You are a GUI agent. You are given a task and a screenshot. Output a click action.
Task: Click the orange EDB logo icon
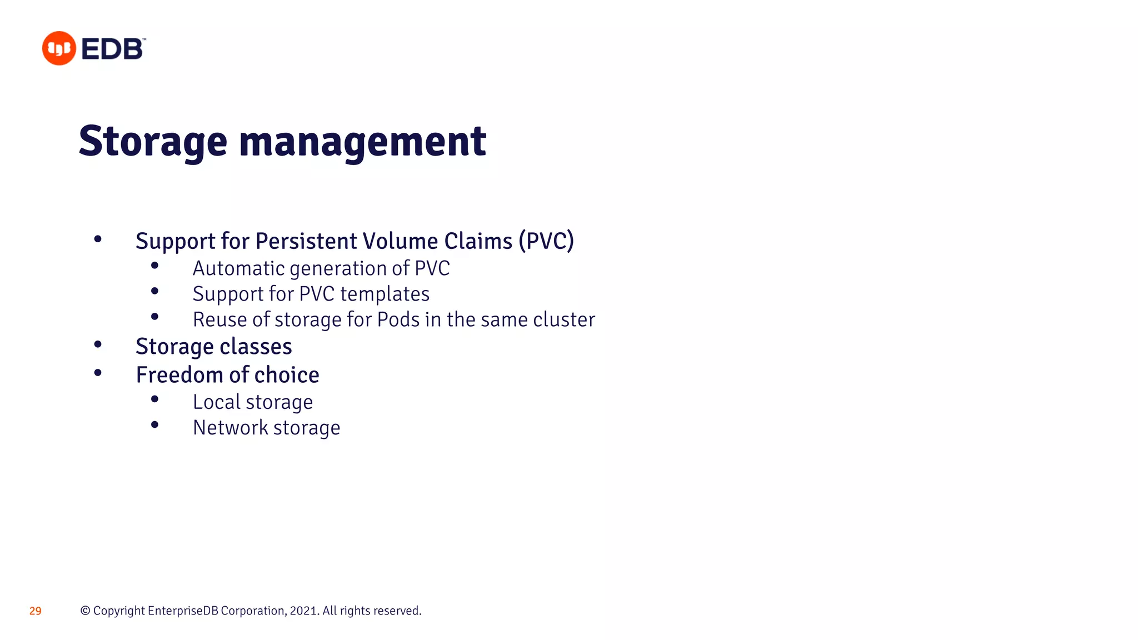pos(59,48)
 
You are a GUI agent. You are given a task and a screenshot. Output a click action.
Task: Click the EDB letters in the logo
pos(113,49)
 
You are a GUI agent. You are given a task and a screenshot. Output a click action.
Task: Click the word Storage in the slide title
pos(153,142)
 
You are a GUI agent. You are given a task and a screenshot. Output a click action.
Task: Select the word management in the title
pos(362,142)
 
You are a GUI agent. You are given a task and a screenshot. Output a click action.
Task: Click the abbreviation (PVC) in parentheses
pos(546,241)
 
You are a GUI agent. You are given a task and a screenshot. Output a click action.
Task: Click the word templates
pos(385,294)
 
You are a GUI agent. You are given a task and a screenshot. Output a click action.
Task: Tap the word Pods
pos(398,319)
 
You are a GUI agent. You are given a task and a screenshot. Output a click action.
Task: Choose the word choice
pos(287,375)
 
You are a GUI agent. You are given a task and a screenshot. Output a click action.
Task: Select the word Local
pos(217,402)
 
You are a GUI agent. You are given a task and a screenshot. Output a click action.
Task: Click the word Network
pos(231,428)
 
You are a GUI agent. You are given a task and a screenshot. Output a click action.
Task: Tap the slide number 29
pos(35,611)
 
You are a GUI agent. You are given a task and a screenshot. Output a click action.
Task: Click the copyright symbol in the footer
pos(85,611)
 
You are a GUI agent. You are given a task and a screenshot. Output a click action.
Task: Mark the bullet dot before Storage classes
pos(98,345)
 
